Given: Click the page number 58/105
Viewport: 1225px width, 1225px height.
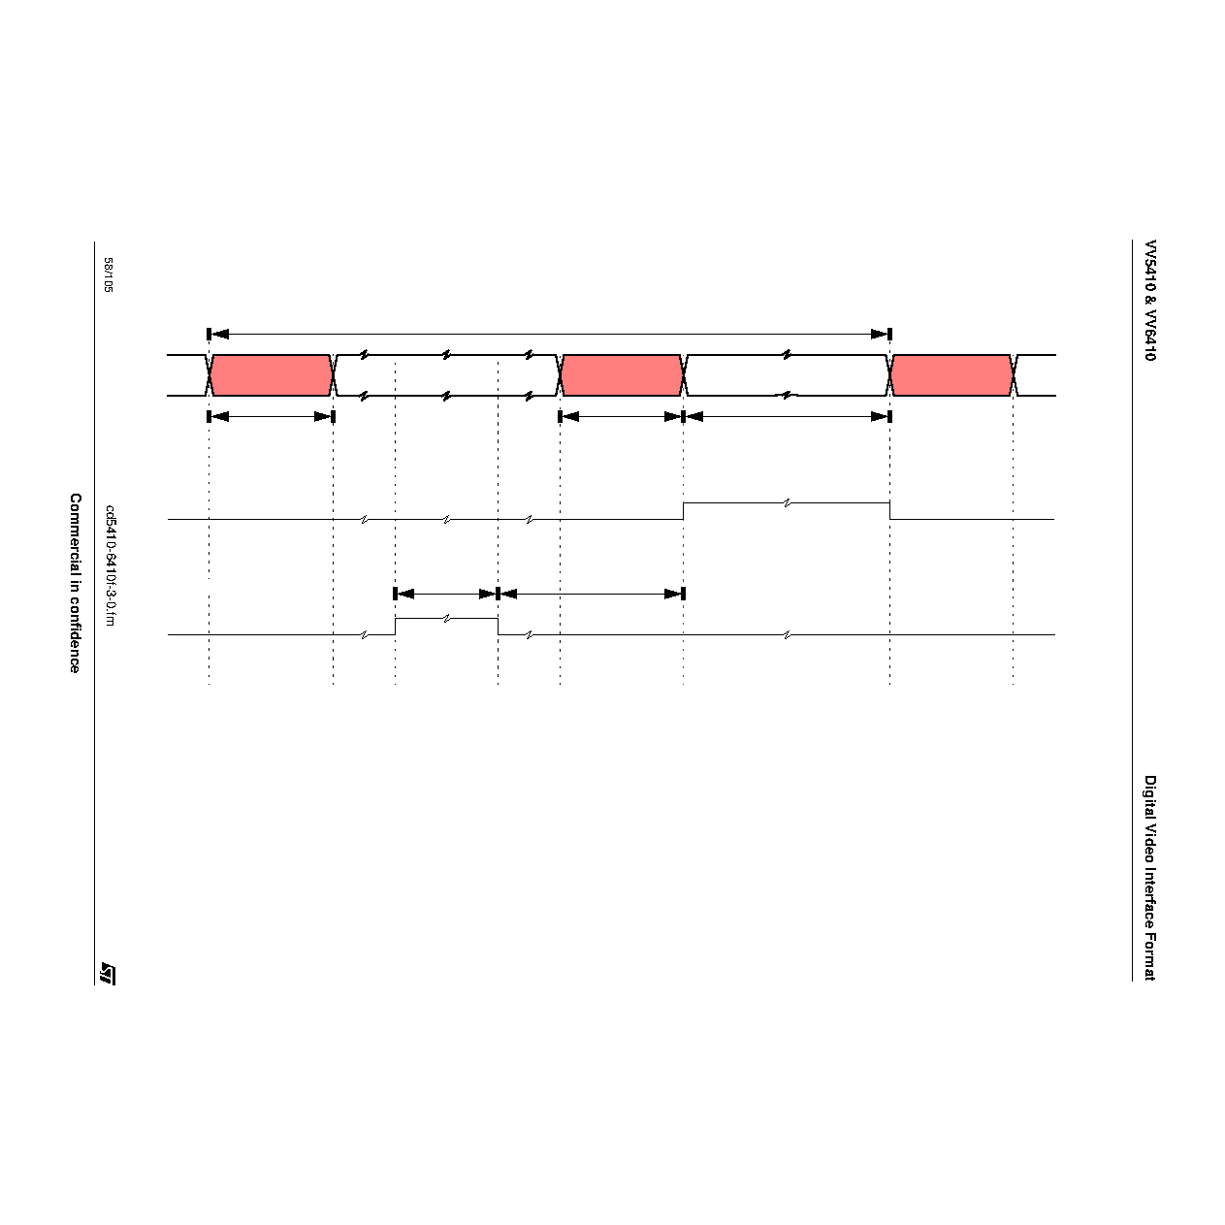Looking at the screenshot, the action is (108, 274).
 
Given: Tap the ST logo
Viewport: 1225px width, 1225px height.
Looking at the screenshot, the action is (108, 973).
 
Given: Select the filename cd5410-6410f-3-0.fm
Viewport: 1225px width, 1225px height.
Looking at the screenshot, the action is (110, 565).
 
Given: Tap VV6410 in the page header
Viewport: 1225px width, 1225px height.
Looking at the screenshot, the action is (1150, 335).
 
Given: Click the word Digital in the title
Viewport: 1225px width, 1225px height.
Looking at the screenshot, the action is (1150, 796).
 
